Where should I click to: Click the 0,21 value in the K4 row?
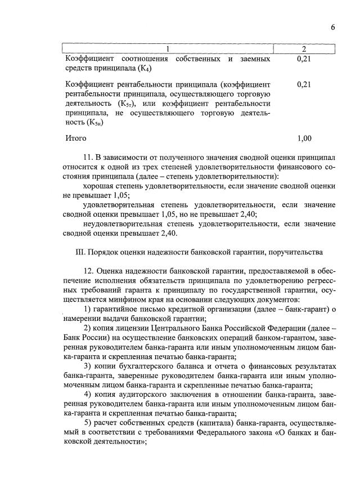click(304, 59)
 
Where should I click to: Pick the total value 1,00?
click(304, 138)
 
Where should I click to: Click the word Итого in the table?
click(76, 138)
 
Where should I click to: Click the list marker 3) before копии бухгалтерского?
click(87, 366)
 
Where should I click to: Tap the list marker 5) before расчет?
click(87, 423)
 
